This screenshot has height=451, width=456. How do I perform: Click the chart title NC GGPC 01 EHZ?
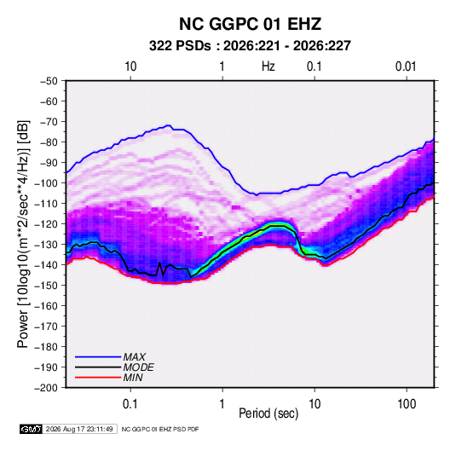coord(250,24)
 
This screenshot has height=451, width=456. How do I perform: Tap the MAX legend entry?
coord(134,357)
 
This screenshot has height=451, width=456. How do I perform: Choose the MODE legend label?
coord(138,367)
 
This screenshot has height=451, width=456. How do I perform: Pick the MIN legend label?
coord(133,378)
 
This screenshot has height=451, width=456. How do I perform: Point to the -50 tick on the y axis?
coord(49,81)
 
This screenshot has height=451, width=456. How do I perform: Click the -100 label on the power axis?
coord(46,183)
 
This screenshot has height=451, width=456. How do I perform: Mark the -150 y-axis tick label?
coord(46,286)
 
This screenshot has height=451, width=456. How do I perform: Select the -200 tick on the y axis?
coord(46,388)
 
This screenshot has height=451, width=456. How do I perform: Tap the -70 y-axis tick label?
coord(49,122)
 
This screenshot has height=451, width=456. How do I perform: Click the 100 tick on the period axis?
coord(407,404)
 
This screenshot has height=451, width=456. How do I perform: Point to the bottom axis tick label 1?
coord(222,404)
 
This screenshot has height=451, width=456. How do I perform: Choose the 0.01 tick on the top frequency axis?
coord(406,66)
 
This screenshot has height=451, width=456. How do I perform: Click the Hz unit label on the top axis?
coord(268,66)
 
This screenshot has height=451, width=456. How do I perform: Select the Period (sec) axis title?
coord(268,413)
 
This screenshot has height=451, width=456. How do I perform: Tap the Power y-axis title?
coord(23,234)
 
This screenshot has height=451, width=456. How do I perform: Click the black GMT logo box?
coord(32,429)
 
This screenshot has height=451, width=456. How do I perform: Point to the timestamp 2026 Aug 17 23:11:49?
coord(79,429)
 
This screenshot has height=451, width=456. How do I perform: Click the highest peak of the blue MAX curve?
coord(168,125)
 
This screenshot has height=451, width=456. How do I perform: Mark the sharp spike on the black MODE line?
coord(159,263)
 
